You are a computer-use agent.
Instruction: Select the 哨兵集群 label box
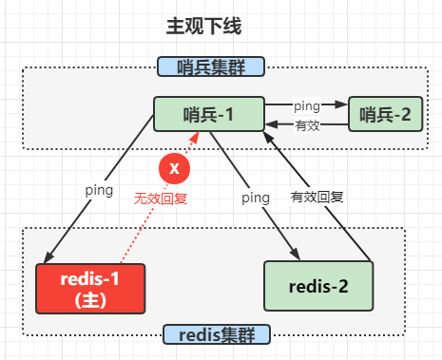click(x=210, y=66)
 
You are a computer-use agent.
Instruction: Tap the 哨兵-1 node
click(x=209, y=114)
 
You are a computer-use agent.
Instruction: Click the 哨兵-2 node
click(x=385, y=115)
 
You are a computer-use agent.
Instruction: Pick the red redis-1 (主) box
click(x=89, y=287)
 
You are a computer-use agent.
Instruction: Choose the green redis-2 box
click(x=319, y=286)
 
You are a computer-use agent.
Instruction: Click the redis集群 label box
click(x=218, y=334)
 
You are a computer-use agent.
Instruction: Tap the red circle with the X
click(x=173, y=168)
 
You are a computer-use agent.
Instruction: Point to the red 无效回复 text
click(x=161, y=200)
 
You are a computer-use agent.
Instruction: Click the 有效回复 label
click(x=317, y=199)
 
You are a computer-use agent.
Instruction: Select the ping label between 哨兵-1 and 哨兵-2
click(x=306, y=104)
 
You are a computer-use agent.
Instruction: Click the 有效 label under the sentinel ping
click(x=307, y=125)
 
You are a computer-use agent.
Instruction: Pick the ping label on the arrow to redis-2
click(x=255, y=198)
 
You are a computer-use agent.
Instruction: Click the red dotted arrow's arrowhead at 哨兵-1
click(x=197, y=136)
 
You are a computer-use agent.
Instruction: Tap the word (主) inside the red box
click(x=89, y=298)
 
